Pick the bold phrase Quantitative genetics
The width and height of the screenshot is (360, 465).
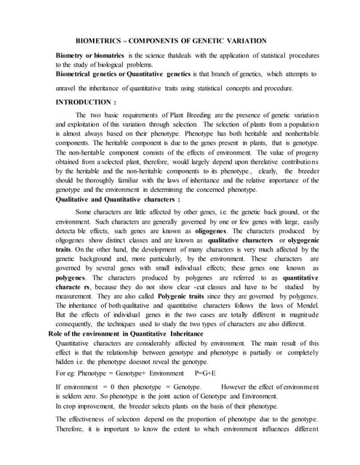[159, 74]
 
